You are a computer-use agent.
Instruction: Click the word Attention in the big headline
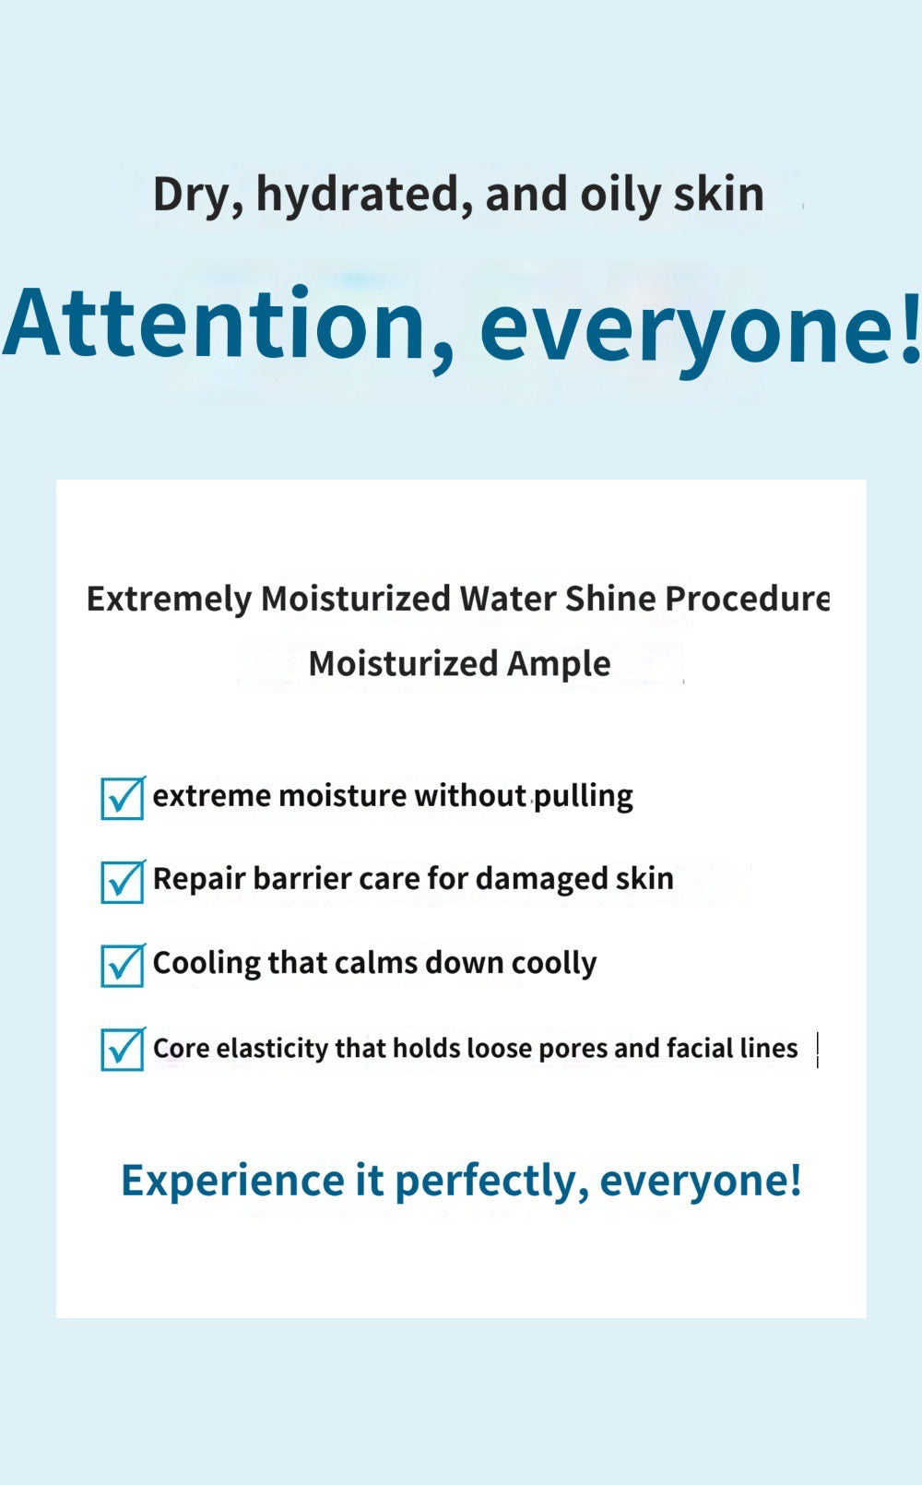click(x=214, y=325)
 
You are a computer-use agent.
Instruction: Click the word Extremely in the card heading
click(x=169, y=600)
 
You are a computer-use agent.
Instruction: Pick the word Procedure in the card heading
click(x=747, y=599)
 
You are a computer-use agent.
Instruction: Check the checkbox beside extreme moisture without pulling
click(x=123, y=798)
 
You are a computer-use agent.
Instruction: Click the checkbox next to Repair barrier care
click(x=123, y=882)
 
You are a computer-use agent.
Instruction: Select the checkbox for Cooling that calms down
click(x=123, y=966)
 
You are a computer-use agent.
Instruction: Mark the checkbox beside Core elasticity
click(x=123, y=1050)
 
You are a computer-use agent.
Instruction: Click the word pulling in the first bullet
click(x=584, y=796)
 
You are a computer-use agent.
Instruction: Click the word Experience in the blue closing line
click(x=232, y=1181)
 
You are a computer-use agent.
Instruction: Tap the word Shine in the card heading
click(x=610, y=600)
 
